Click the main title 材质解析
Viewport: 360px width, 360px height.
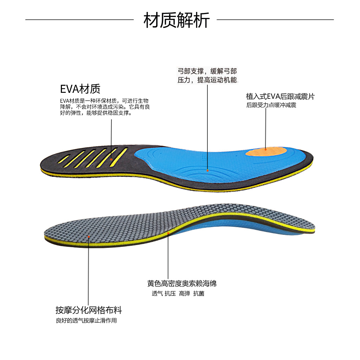point(176,20)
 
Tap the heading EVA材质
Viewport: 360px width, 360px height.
point(81,89)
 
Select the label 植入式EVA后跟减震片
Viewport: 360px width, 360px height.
point(280,97)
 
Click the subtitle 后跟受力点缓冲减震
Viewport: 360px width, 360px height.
point(271,105)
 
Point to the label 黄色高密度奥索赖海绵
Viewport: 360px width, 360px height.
point(182,283)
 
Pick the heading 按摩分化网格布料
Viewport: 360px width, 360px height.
point(89,310)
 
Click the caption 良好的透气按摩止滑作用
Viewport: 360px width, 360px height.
point(86,321)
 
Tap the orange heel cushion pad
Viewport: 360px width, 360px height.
point(264,152)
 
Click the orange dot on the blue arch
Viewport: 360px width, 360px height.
point(208,171)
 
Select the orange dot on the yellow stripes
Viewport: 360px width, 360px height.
point(111,160)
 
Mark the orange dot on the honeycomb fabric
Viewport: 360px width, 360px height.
point(89,237)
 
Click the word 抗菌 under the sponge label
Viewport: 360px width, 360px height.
point(199,294)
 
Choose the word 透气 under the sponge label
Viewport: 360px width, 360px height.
point(157,294)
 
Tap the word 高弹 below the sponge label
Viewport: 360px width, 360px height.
point(184,294)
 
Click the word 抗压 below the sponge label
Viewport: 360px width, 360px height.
point(170,294)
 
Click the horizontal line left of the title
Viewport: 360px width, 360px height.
point(79,20)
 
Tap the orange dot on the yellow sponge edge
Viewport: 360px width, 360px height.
point(168,233)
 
